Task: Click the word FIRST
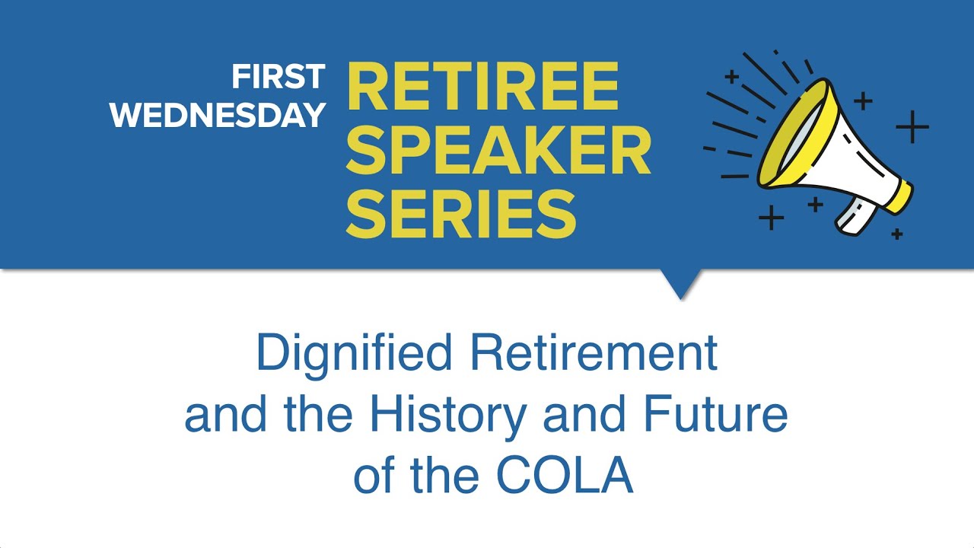click(x=279, y=77)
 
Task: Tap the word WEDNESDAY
click(x=218, y=115)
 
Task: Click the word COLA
click(x=565, y=476)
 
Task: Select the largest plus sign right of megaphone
click(x=912, y=126)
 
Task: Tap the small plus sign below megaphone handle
click(x=897, y=234)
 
